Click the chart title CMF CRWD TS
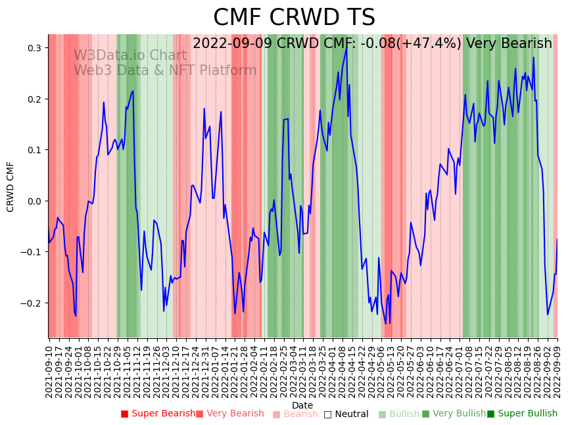294,18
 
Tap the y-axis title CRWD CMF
11,186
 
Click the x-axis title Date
302,405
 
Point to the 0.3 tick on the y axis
34,48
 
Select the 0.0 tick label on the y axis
34,201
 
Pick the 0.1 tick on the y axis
34,150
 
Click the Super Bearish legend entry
158,414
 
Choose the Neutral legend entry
346,414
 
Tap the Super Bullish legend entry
522,414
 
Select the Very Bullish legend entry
454,414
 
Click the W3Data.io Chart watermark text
130,55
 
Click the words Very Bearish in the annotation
509,44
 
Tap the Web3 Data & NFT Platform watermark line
165,70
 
